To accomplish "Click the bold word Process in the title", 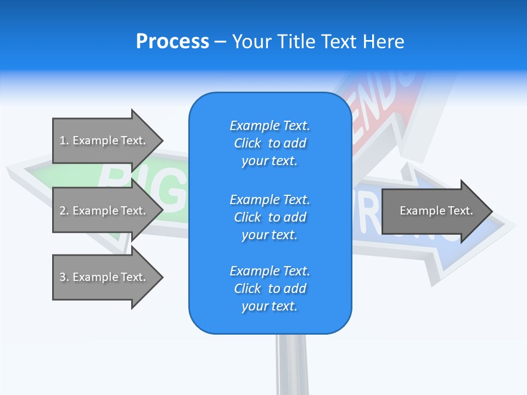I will [x=172, y=42].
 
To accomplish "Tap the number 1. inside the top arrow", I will [x=65, y=140].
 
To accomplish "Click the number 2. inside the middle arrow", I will [x=65, y=211].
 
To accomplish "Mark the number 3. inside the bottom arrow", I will [x=65, y=277].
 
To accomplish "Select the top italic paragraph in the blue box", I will [x=270, y=143].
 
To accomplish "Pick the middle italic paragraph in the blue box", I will [x=270, y=217].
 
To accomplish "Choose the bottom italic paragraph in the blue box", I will [x=270, y=289].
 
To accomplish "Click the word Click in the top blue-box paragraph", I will [x=248, y=143].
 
